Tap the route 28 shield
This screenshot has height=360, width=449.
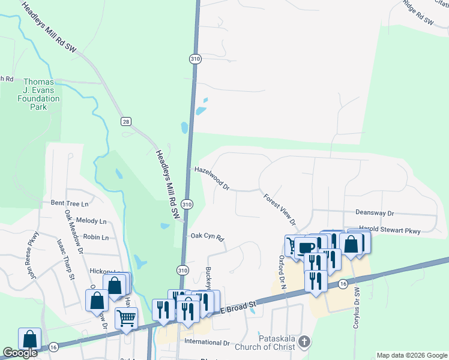pyautogui.click(x=125, y=122)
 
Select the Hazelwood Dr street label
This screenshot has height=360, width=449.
pyautogui.click(x=212, y=178)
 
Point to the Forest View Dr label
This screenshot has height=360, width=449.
pyautogui.click(x=280, y=209)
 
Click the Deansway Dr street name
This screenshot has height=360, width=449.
pyautogui.click(x=374, y=213)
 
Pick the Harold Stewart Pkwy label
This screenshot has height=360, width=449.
pyautogui.click(x=390, y=230)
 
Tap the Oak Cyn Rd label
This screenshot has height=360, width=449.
pyautogui.click(x=207, y=237)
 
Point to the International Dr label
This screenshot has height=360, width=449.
pyautogui.click(x=207, y=343)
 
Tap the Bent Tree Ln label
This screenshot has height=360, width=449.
pyautogui.click(x=74, y=203)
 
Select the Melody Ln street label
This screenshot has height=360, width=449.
pyautogui.click(x=91, y=221)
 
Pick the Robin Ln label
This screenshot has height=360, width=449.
pyautogui.click(x=96, y=238)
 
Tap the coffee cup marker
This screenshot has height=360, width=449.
pyautogui.click(x=306, y=247)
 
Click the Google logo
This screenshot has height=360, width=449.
pyautogui.click(x=20, y=353)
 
